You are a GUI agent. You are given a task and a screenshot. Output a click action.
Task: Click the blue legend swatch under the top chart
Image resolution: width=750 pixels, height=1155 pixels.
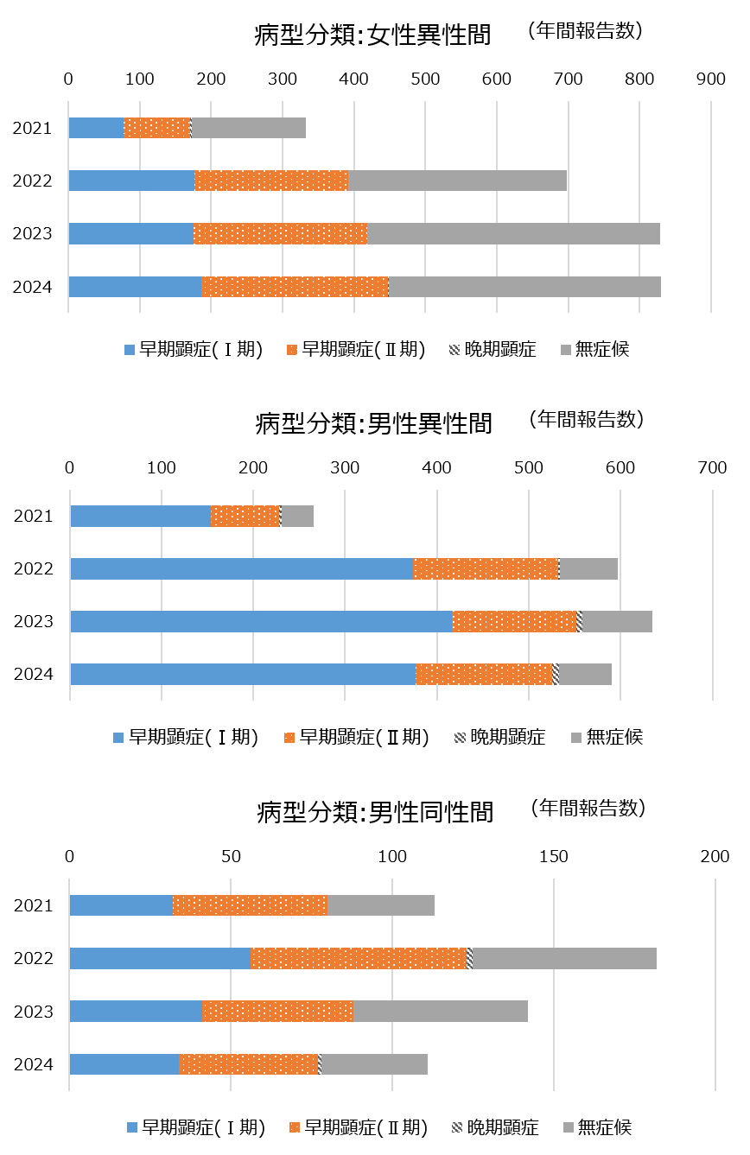click(x=130, y=350)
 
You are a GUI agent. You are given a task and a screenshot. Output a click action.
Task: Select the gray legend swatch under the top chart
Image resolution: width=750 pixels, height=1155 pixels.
click(x=566, y=350)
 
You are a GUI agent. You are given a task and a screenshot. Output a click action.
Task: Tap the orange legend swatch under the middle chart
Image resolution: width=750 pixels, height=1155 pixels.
click(x=289, y=738)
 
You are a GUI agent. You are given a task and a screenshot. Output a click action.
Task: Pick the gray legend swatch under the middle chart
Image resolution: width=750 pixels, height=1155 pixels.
click(x=576, y=738)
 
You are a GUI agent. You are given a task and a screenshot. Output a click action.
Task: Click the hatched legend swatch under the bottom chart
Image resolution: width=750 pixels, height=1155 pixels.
click(x=457, y=1127)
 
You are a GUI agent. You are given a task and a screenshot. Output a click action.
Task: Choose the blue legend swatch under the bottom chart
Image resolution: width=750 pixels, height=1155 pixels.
click(x=132, y=1127)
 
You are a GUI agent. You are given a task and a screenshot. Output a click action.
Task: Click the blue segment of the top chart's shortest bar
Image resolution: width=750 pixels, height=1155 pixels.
click(x=96, y=128)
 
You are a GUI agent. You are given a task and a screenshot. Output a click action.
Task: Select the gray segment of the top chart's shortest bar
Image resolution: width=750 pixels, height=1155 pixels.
click(x=249, y=128)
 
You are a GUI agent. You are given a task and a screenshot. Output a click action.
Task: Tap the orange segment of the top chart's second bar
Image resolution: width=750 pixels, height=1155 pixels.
click(x=271, y=181)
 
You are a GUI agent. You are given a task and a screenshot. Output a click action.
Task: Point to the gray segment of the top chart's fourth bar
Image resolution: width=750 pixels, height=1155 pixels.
click(x=524, y=287)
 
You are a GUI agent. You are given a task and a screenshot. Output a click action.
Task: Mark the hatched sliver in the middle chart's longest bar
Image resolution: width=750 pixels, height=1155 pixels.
click(x=580, y=622)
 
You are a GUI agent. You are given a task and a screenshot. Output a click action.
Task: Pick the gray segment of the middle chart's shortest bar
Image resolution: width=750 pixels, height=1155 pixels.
click(x=298, y=517)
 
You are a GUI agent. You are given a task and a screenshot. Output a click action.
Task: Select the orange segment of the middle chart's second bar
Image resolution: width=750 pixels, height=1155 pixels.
click(x=486, y=569)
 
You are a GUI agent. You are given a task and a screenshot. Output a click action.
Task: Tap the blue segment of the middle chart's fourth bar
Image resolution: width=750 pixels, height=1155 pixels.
click(x=243, y=675)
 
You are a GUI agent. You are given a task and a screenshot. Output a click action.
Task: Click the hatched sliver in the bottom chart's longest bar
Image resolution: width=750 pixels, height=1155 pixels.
click(x=470, y=959)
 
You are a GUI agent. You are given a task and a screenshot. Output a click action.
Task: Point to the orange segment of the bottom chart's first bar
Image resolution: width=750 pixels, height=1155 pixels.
click(x=251, y=905)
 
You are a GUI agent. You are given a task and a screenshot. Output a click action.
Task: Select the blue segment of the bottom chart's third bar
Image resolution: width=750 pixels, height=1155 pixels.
click(x=136, y=1012)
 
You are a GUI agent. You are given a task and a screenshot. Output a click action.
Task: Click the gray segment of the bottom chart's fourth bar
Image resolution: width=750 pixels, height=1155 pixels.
click(x=375, y=1064)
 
